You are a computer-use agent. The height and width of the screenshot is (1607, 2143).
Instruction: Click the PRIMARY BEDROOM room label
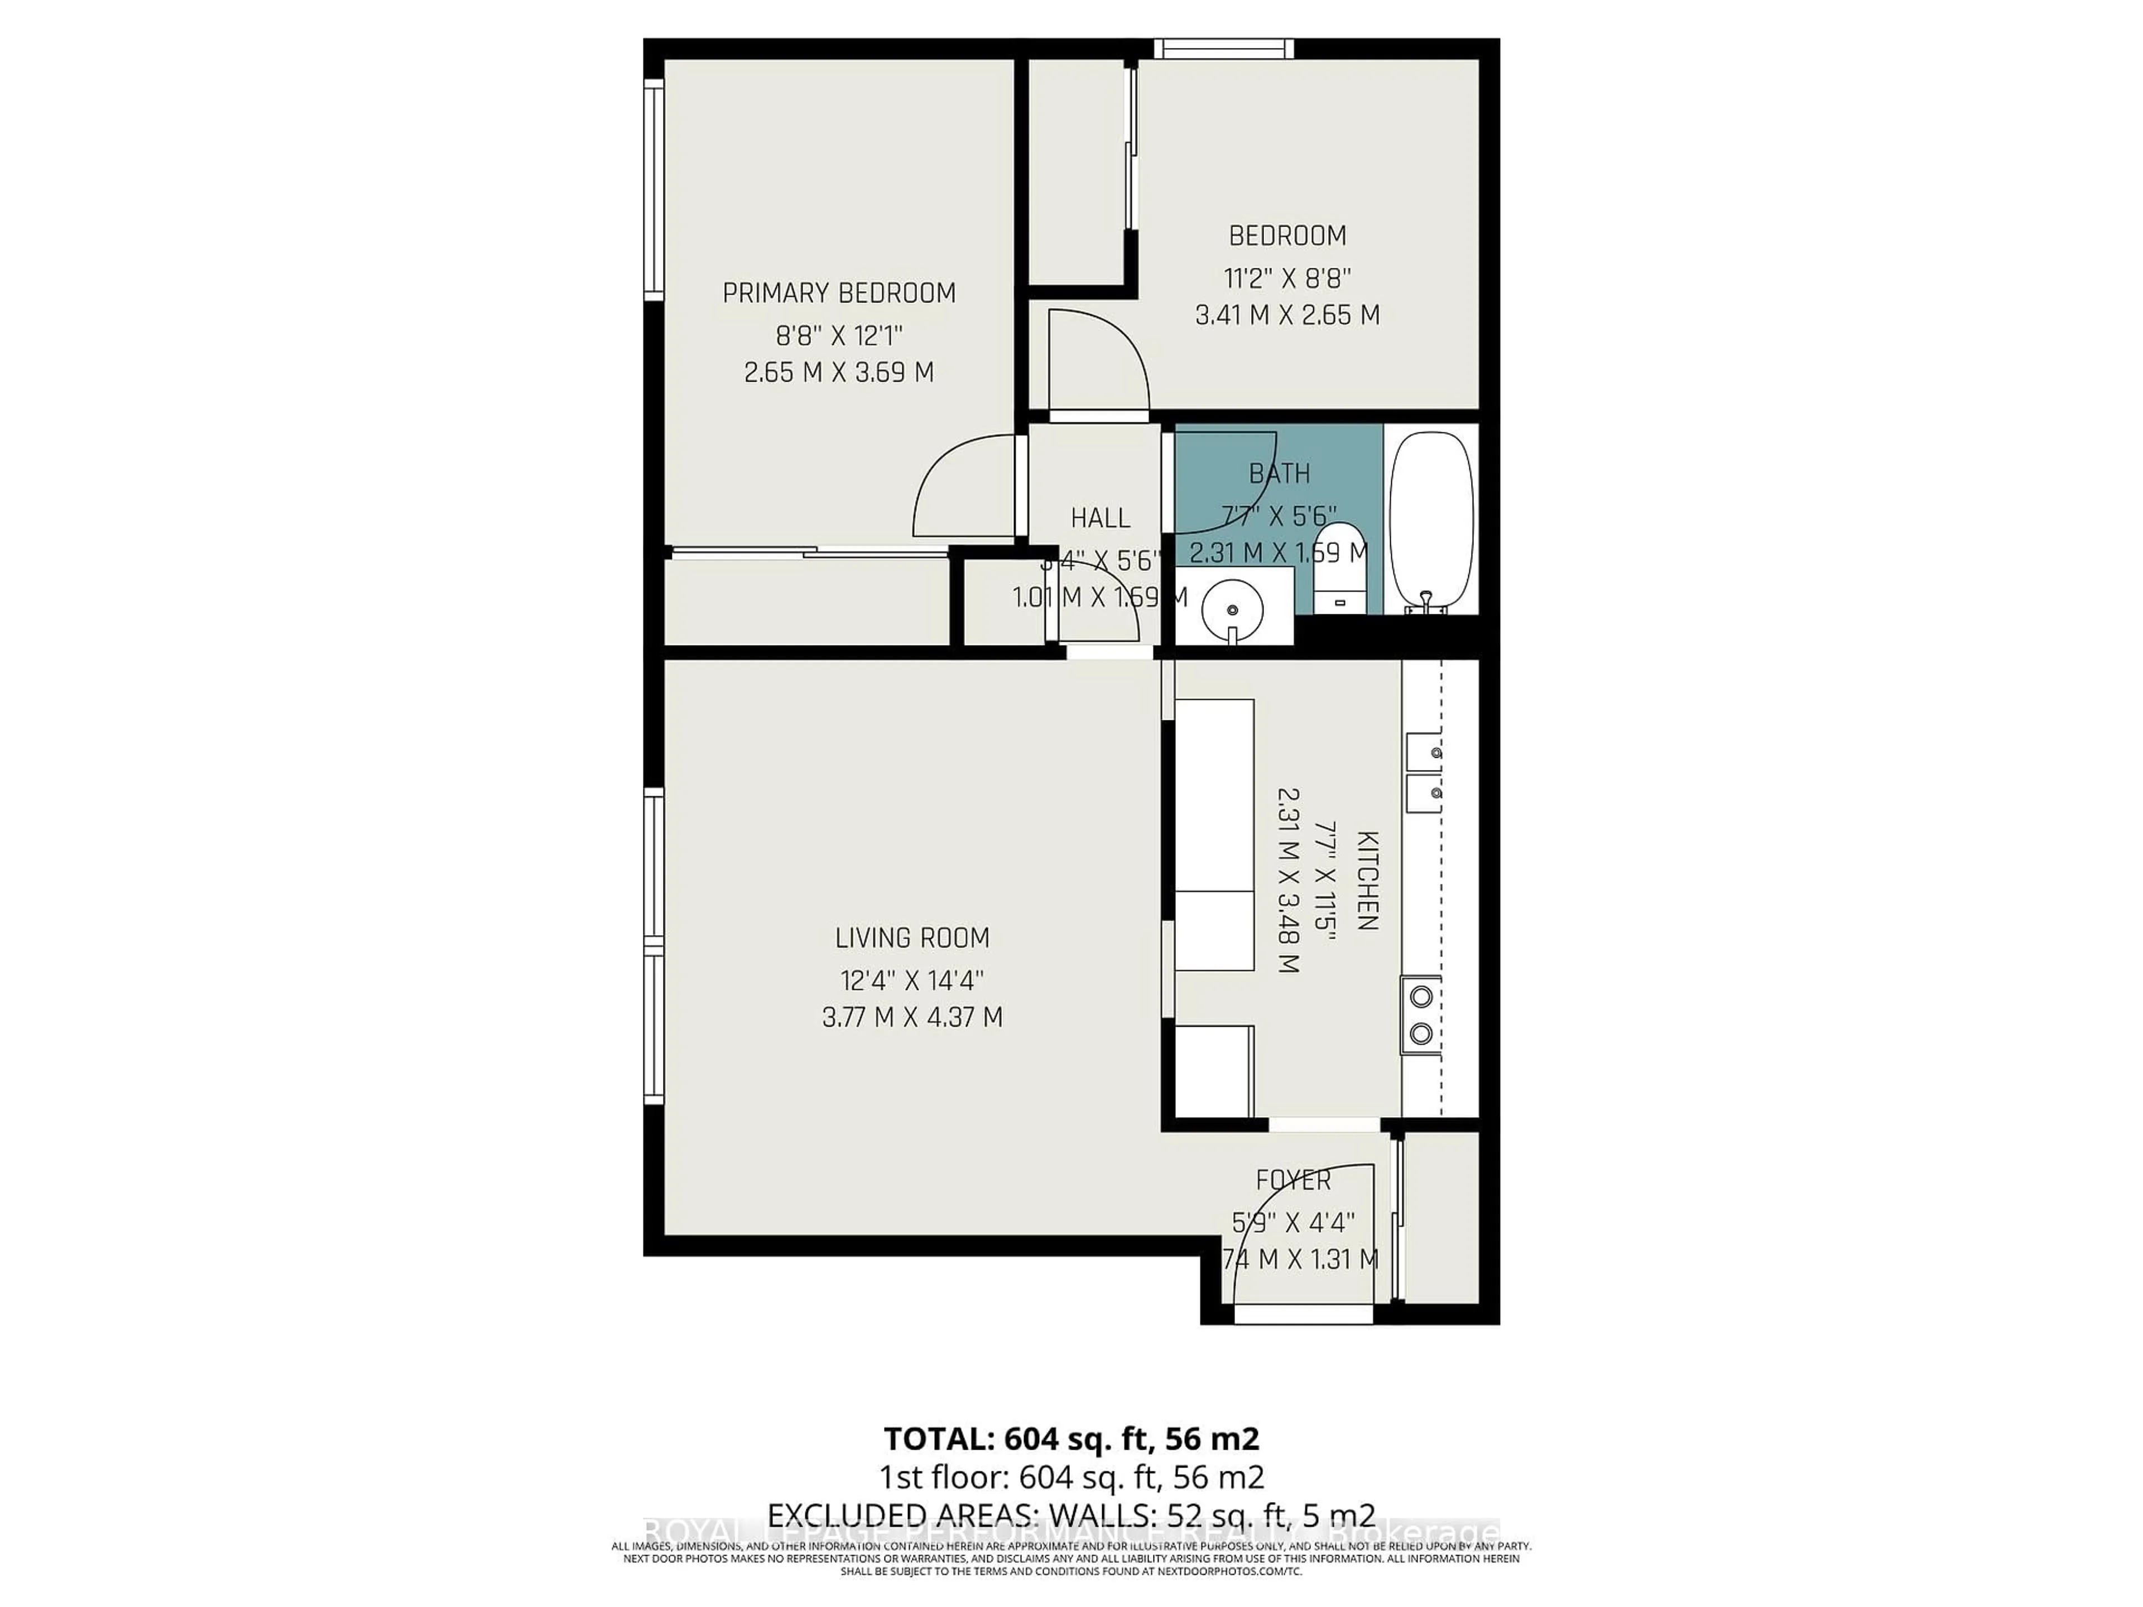tap(839, 292)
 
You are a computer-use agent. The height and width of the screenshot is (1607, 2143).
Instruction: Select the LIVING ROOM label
tap(912, 937)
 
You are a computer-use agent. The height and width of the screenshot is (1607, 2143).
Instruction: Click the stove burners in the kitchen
tap(1420, 1014)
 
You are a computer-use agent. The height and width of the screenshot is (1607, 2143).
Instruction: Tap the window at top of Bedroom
tap(1223, 49)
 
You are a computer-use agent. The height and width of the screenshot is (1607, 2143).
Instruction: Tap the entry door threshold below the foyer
tap(1303, 1315)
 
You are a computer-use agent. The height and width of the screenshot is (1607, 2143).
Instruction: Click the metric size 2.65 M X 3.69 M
tap(839, 372)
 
